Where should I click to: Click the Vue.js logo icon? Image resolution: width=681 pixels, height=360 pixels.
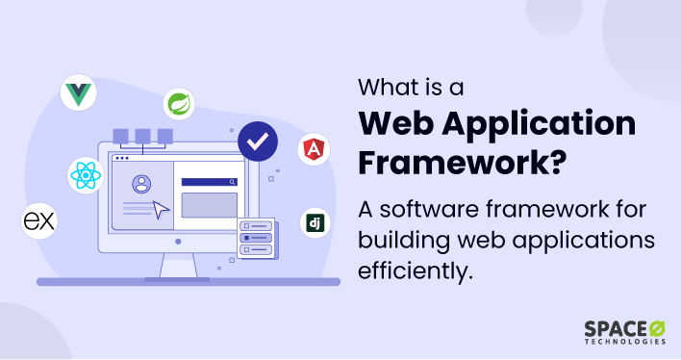pos(78,93)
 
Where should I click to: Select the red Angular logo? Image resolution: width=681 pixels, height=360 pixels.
pos(314,149)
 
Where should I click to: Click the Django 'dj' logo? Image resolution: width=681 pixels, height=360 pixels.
pos(314,223)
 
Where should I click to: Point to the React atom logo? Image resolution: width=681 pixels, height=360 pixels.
pos(85,175)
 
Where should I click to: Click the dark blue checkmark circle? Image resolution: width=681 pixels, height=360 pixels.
pos(257,142)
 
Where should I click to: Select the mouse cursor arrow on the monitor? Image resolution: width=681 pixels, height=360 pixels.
pos(161,209)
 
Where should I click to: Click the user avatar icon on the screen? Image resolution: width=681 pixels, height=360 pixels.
pos(142,182)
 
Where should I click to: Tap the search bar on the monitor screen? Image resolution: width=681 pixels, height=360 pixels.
pos(209,181)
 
